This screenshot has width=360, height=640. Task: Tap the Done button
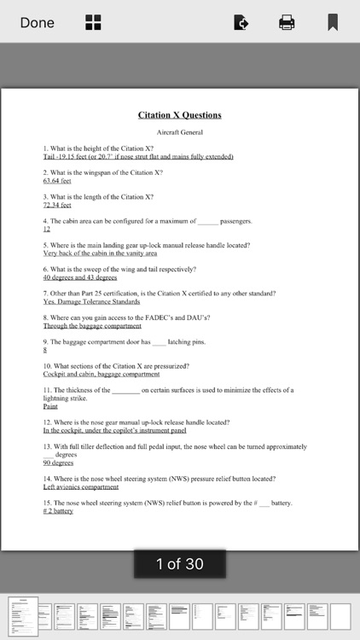pos(37,23)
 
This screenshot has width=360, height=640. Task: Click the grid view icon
pos(93,23)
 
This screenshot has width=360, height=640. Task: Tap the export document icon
pos(241,23)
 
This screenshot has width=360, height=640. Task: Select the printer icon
pos(287,23)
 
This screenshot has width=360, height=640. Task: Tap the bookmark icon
pos(333,23)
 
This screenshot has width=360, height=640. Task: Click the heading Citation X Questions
pos(179,115)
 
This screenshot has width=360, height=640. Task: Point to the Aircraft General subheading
pos(179,132)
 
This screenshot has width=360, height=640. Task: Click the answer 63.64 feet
pos(57,181)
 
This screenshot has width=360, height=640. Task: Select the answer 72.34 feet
pos(57,205)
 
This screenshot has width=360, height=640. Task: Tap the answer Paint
pos(50,406)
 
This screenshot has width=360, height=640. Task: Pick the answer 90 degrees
pos(58,463)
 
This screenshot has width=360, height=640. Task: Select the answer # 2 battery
pos(58,511)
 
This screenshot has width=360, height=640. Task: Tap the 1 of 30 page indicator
pos(179,564)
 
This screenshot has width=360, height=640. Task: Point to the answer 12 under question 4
pos(47,229)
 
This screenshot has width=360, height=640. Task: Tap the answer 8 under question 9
pos(45,350)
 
